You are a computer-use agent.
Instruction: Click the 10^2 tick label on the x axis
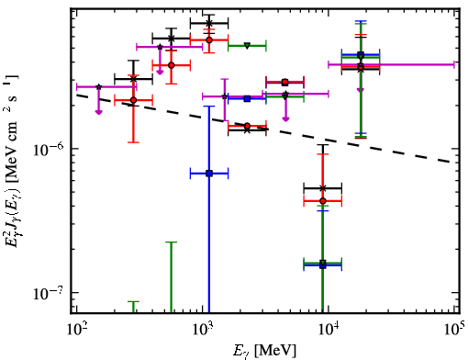point(76,329)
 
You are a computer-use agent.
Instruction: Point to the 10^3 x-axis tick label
point(203,329)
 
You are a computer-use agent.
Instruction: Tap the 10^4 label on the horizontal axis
point(329,329)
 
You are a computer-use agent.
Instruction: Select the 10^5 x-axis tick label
point(454,329)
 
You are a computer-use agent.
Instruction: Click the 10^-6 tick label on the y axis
point(49,149)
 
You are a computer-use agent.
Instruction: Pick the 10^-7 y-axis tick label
point(49,293)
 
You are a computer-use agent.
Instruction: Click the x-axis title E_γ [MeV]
point(264,351)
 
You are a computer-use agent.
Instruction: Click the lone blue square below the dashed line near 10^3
point(209,174)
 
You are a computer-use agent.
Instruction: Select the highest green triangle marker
point(248,46)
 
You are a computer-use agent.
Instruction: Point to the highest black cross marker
point(209,23)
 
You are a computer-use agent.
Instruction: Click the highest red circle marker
point(209,39)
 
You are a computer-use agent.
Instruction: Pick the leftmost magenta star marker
point(99,87)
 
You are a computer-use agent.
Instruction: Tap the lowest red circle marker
point(323,201)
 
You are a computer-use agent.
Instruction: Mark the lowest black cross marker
point(323,188)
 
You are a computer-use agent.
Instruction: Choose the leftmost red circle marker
point(133,100)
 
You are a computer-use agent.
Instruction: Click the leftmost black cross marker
point(133,79)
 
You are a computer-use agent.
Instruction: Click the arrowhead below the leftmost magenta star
point(99,112)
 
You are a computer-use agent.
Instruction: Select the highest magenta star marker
point(160,47)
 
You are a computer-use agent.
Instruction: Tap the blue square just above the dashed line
point(247,98)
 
